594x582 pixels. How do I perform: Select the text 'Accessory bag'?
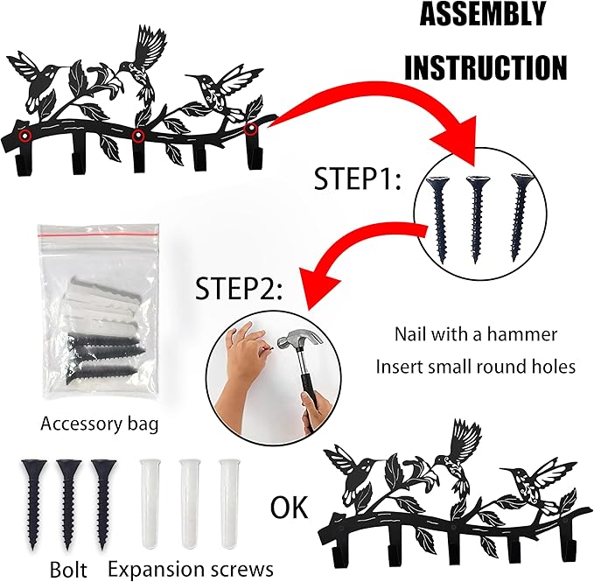100,424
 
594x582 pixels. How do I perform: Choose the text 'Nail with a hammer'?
476,333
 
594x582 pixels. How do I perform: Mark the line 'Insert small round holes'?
476,366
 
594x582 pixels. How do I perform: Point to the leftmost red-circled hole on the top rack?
26,137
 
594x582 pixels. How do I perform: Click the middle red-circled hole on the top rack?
137,137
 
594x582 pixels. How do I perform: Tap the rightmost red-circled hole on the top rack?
251,130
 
